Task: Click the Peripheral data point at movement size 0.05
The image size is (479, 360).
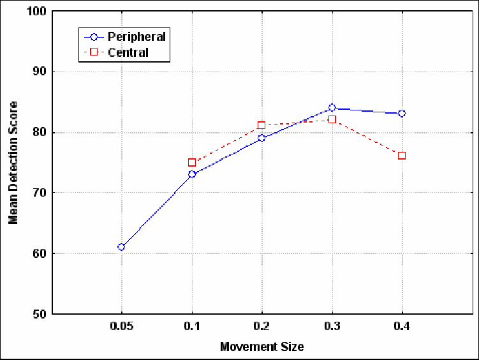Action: (x=121, y=247)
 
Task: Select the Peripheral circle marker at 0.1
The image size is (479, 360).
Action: (x=191, y=174)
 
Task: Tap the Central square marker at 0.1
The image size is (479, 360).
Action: (x=191, y=162)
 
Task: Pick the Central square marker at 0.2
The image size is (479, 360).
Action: (x=262, y=126)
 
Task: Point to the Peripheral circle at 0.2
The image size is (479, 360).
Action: (x=262, y=138)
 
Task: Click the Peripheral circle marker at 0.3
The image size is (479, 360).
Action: (x=332, y=108)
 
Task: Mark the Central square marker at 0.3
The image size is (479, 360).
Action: (x=332, y=119)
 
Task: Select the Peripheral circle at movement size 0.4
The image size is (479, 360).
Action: (x=402, y=114)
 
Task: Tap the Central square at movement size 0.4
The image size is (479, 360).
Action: (x=402, y=156)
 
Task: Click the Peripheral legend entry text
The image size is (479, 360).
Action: (x=136, y=37)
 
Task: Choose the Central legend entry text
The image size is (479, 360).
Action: (x=128, y=52)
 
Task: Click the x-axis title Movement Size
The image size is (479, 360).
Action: (x=262, y=347)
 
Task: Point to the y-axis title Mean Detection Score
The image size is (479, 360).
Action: (x=13, y=163)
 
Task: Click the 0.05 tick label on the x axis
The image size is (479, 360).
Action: (x=121, y=326)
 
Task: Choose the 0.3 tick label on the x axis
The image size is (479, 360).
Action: (x=332, y=326)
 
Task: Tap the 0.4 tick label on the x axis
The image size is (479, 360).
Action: (x=402, y=326)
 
